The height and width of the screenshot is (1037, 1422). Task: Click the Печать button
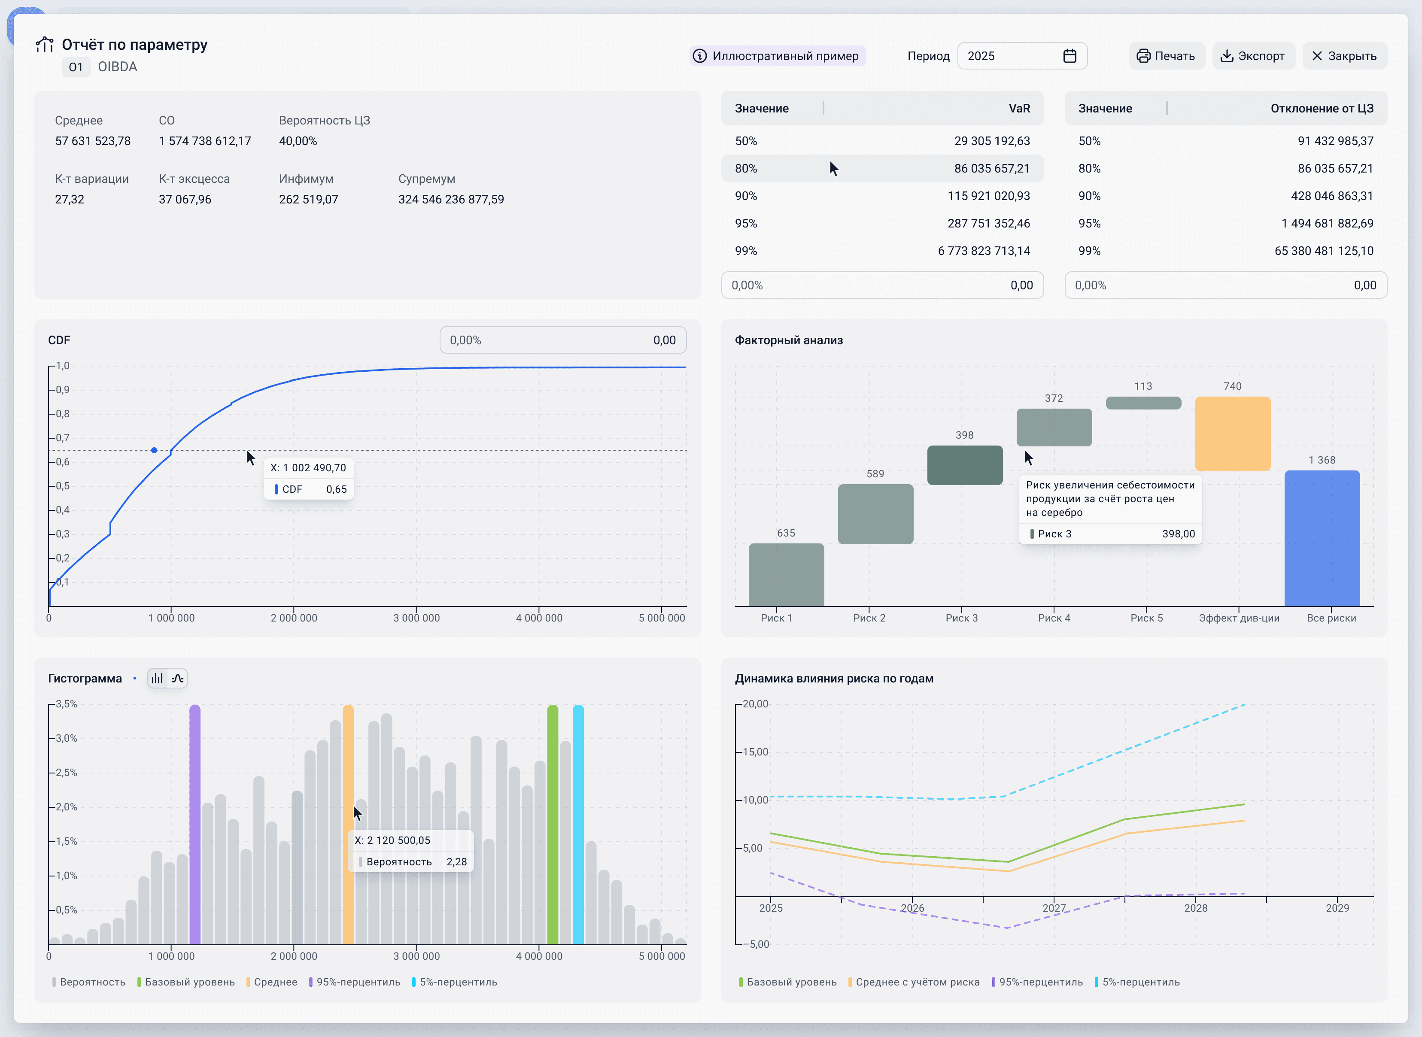pos(1167,56)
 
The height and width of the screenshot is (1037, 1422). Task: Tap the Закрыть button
pos(1344,56)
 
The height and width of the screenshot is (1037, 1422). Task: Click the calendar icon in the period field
pos(1070,56)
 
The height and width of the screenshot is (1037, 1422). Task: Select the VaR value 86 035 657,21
pos(991,168)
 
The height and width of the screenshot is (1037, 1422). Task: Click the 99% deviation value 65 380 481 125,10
pos(1323,251)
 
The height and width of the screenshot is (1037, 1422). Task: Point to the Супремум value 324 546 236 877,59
pos(451,200)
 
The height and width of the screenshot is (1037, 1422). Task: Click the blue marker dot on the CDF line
pos(154,450)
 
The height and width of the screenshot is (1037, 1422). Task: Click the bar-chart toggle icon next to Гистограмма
pos(157,678)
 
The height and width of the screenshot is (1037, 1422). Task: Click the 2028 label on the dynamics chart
pos(1195,908)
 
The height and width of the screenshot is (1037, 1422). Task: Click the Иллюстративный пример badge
pos(777,56)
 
